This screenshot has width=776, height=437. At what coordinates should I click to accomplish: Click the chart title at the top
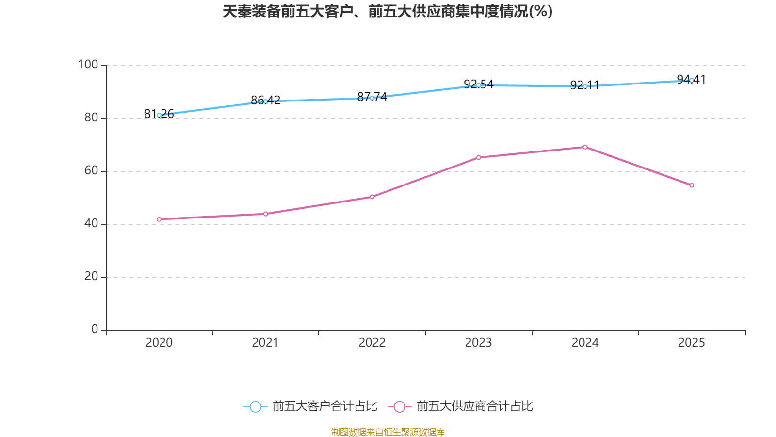388,11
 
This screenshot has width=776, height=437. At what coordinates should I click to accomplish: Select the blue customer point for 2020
159,115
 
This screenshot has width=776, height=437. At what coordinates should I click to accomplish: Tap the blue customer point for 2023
479,85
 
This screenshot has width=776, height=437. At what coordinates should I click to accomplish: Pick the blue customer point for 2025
692,80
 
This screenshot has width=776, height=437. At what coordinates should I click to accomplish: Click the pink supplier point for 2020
159,219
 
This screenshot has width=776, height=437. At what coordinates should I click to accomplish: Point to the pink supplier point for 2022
372,197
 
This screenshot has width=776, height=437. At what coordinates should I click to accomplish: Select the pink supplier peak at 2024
585,147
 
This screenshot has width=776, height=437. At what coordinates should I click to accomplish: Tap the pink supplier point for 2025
692,185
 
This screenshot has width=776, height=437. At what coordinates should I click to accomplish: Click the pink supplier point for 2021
265,214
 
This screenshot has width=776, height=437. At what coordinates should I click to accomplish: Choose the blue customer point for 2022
372,98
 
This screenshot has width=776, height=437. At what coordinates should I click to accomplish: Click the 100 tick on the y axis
88,65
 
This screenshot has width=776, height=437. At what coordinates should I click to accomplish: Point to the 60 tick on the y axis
91,170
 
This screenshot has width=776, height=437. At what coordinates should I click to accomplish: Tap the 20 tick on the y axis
91,276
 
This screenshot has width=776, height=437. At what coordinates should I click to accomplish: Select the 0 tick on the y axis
95,329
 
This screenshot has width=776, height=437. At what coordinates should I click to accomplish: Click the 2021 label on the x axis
265,343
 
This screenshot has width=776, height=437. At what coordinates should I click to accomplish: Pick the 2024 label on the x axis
585,343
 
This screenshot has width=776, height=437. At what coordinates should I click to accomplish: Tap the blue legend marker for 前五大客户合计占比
255,407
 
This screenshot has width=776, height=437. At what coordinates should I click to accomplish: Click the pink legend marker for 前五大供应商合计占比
400,407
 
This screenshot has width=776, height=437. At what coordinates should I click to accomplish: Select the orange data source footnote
388,432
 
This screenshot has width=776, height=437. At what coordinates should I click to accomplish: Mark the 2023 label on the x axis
478,343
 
